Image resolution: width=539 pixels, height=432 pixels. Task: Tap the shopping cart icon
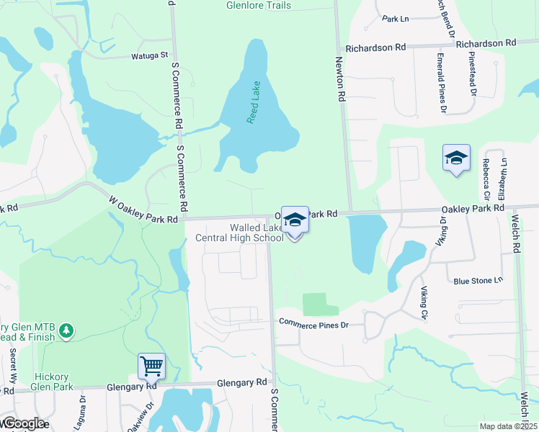coord(152,366)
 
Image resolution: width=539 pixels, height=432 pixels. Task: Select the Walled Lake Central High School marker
coord(295,220)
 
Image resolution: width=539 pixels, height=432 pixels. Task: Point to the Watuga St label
coord(149,55)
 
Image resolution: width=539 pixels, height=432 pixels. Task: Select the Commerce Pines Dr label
coord(313,325)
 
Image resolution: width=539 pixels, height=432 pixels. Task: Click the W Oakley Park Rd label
coord(143,210)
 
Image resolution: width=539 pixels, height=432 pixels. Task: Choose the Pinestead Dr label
coord(473,73)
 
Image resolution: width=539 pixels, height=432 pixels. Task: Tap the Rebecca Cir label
coord(486,179)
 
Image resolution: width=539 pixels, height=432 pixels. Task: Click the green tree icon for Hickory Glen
coord(66,330)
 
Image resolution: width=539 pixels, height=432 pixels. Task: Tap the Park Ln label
coord(395,19)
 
